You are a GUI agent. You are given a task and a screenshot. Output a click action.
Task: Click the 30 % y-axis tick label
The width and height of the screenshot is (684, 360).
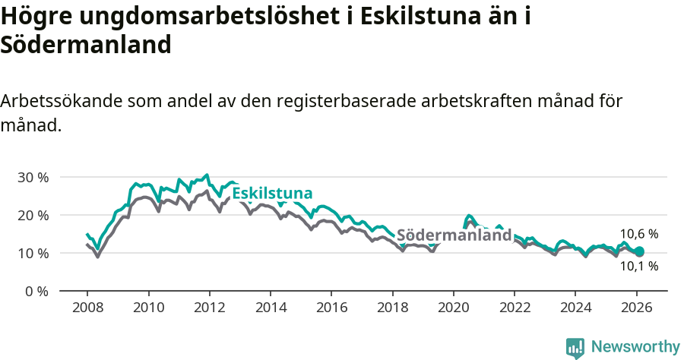(x=33, y=177)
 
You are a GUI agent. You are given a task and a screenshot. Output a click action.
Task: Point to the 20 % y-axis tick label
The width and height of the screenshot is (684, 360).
(x=33, y=215)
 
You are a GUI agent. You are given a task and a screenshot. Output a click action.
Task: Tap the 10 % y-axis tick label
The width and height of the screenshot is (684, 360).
(x=33, y=253)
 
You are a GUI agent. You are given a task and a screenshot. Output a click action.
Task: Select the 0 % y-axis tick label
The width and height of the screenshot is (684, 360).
(x=36, y=291)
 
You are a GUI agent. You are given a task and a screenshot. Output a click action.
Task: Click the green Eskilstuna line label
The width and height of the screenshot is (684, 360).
(x=272, y=194)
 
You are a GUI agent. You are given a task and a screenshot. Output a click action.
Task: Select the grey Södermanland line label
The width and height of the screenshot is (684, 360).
(x=454, y=235)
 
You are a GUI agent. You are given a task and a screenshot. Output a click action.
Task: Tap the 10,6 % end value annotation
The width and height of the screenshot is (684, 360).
(x=639, y=234)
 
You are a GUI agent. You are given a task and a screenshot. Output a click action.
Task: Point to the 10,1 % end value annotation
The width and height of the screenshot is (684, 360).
(x=639, y=267)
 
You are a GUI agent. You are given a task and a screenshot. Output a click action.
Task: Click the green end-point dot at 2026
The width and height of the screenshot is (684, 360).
(x=639, y=251)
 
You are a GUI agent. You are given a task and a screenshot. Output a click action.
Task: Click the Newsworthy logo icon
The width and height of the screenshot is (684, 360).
(x=575, y=347)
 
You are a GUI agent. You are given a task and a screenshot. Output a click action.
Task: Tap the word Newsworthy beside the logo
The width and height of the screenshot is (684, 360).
(x=635, y=347)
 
